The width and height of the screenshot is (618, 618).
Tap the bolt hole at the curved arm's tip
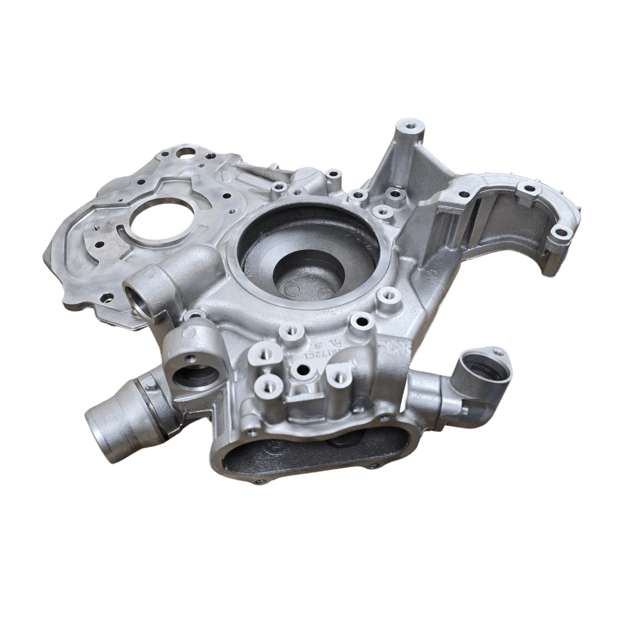[x=561, y=234]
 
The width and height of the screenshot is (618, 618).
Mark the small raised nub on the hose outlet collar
[x=150, y=385]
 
